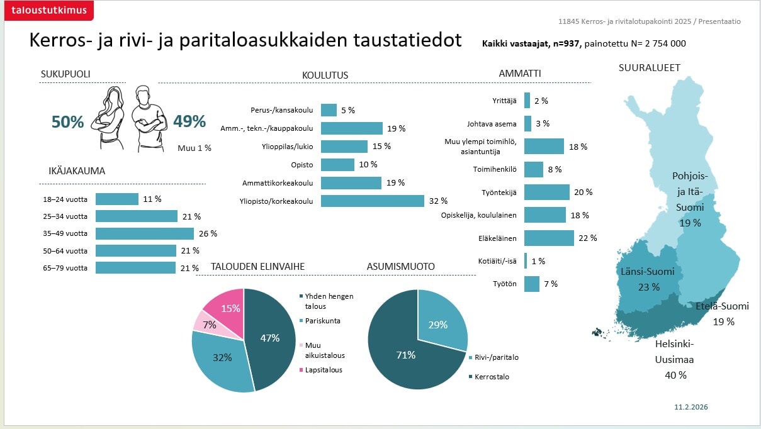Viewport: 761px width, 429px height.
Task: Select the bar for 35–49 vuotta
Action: (x=145, y=233)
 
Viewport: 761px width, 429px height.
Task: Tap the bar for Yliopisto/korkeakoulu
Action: (x=372, y=201)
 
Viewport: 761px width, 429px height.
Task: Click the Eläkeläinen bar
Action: (x=549, y=238)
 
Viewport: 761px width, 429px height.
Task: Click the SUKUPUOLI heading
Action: (x=65, y=74)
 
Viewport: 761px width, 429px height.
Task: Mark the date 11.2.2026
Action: (x=691, y=407)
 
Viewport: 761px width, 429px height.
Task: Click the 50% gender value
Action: (x=67, y=122)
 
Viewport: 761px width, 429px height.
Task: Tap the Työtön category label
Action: (x=504, y=284)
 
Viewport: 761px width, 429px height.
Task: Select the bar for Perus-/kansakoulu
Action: (x=329, y=110)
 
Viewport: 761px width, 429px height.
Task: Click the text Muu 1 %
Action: (x=194, y=148)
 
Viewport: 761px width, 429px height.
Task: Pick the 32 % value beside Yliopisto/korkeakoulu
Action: (x=438, y=201)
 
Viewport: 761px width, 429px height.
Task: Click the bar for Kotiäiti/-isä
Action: (x=526, y=261)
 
